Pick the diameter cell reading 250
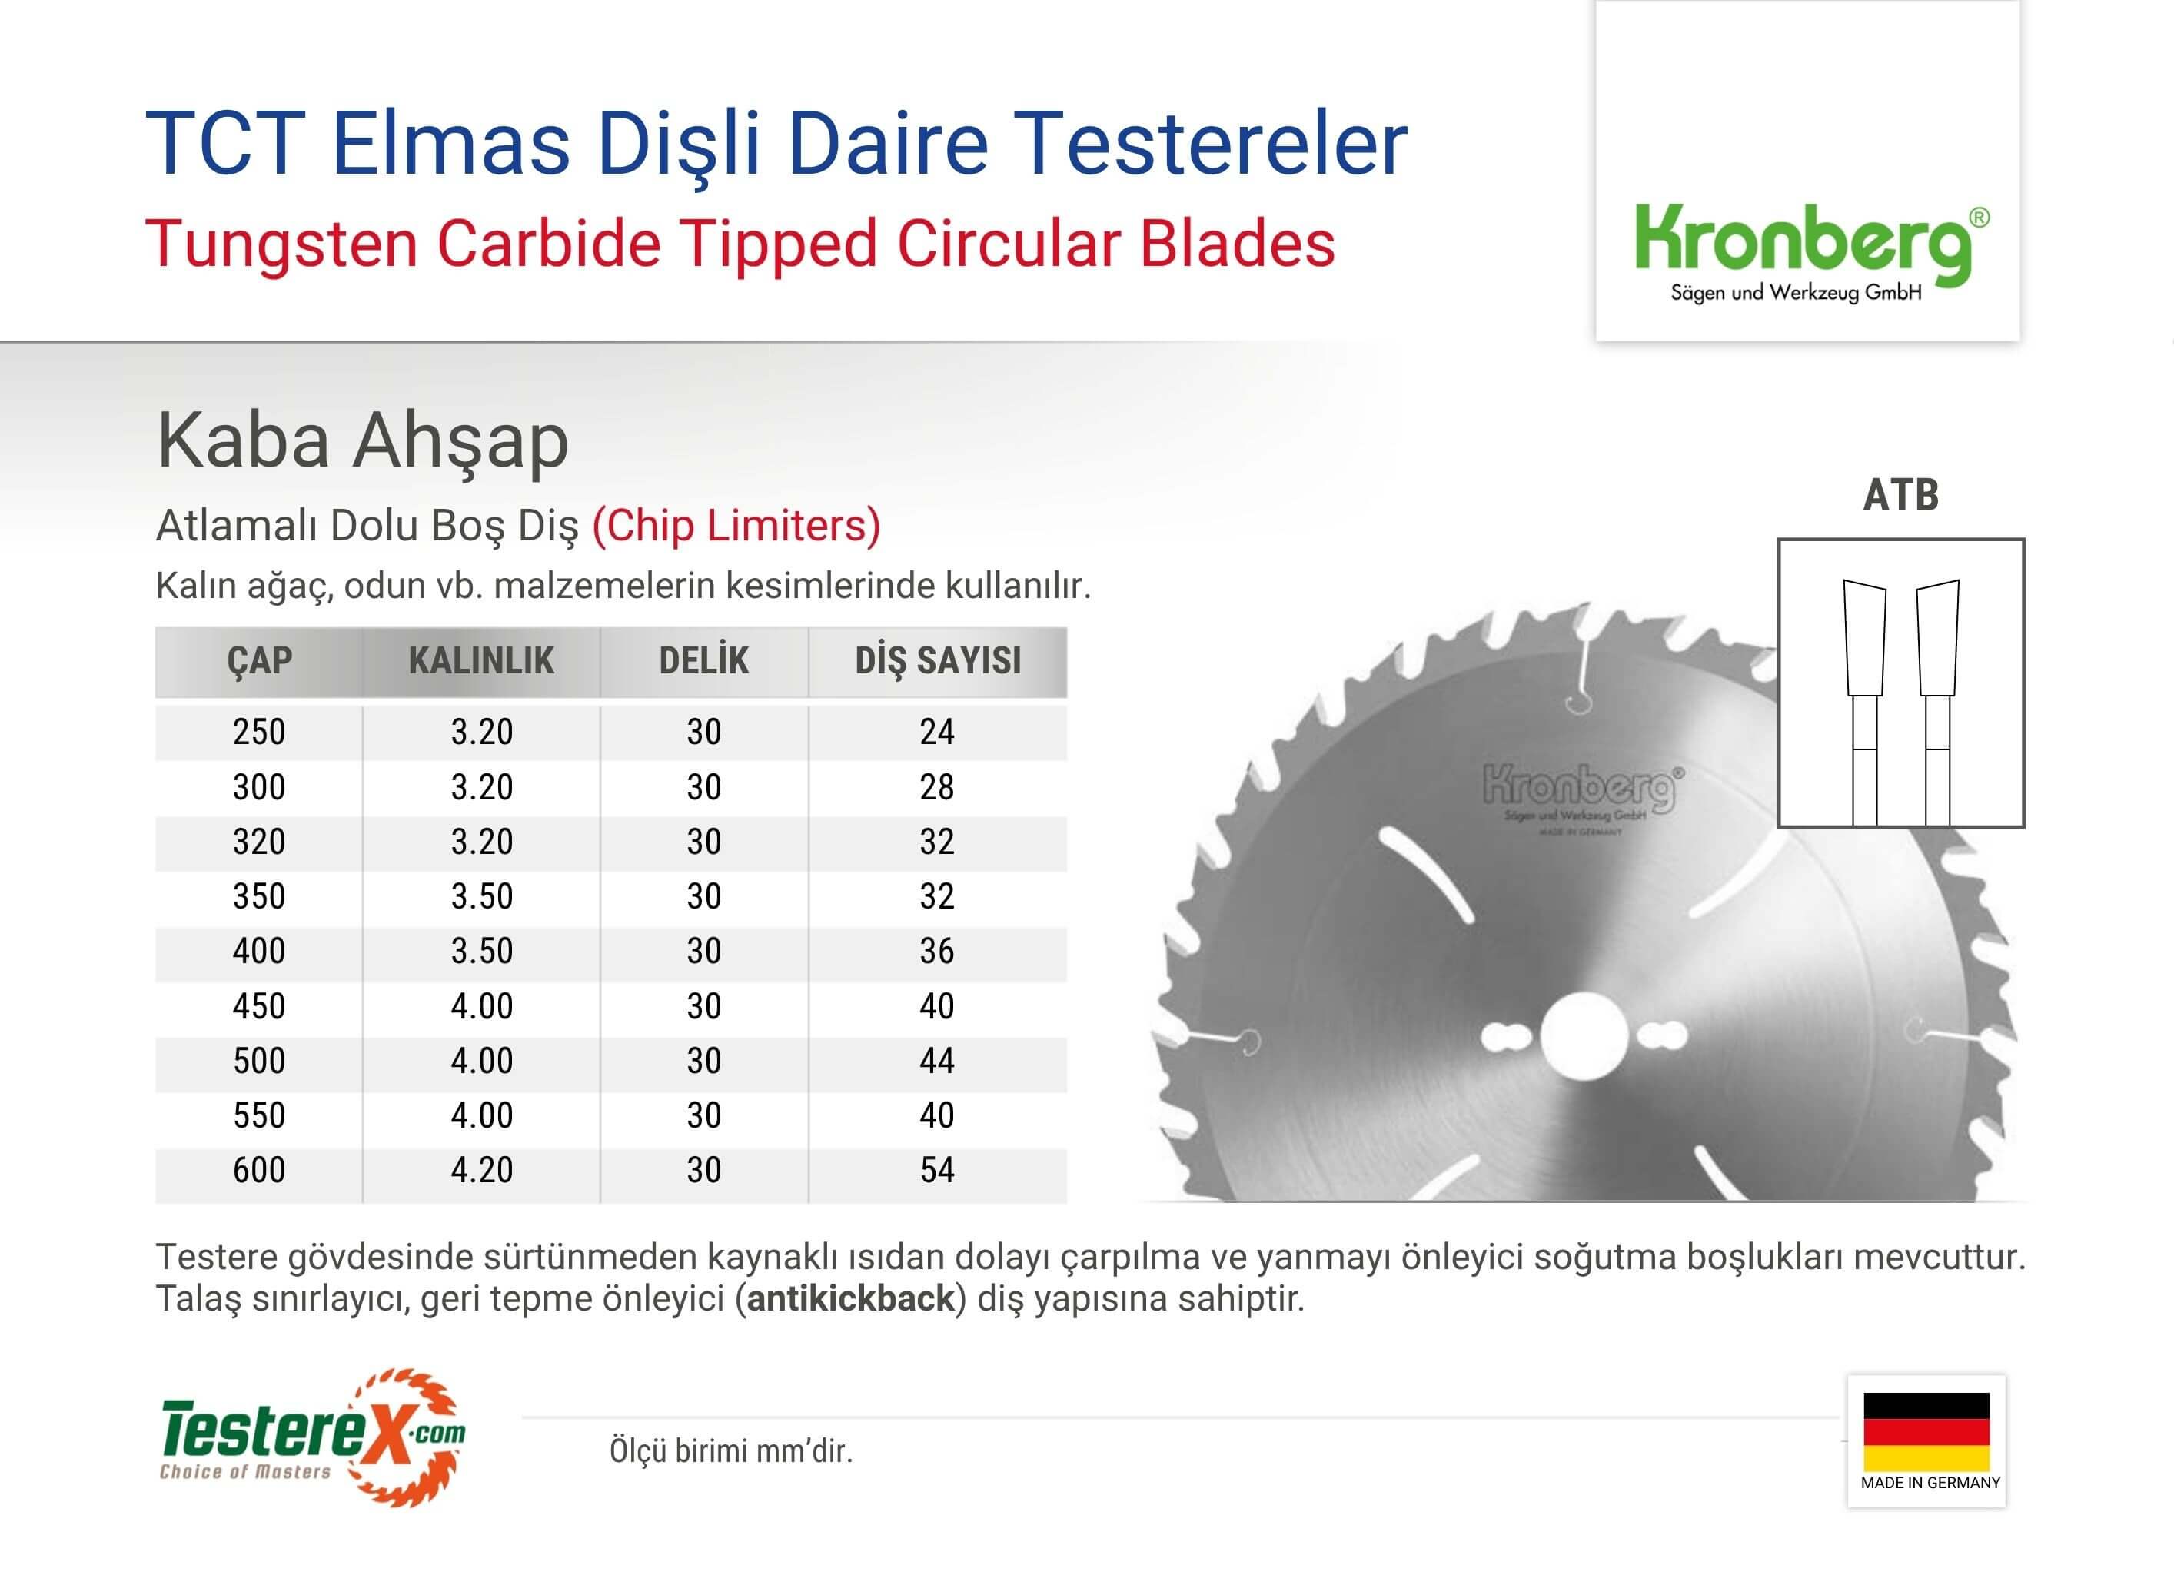[259, 733]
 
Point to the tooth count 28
[937, 787]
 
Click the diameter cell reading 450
[259, 1006]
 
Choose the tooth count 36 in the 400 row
[937, 951]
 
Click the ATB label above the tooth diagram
[1901, 496]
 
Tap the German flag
[1926, 1431]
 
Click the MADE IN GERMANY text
[1930, 1483]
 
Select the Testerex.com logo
[312, 1437]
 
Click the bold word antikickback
[850, 1299]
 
